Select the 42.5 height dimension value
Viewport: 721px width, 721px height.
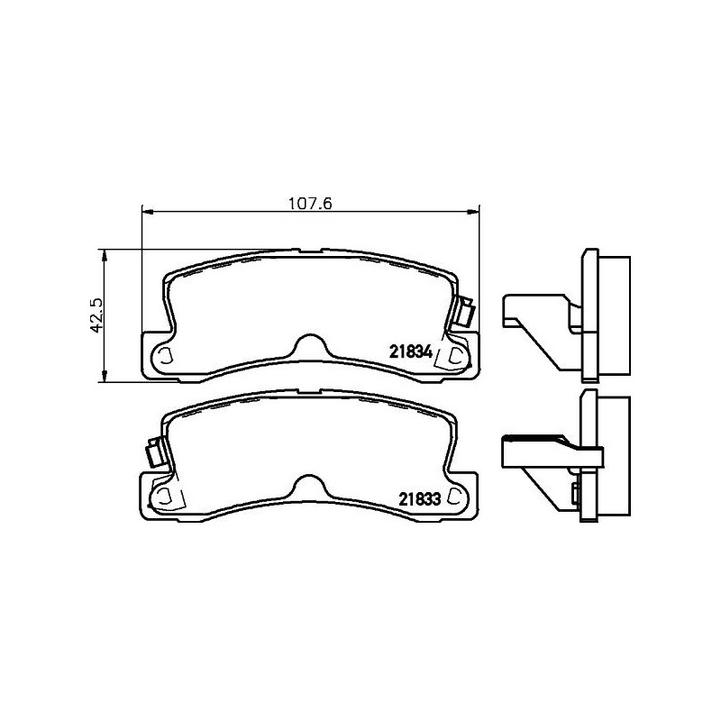coord(99,315)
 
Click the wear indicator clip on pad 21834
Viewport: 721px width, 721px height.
coord(466,313)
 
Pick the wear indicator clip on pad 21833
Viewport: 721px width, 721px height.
coord(154,453)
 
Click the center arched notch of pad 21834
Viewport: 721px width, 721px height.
coord(309,344)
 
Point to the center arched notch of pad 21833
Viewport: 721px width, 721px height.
coord(309,487)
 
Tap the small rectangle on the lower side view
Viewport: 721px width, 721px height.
coord(574,492)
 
